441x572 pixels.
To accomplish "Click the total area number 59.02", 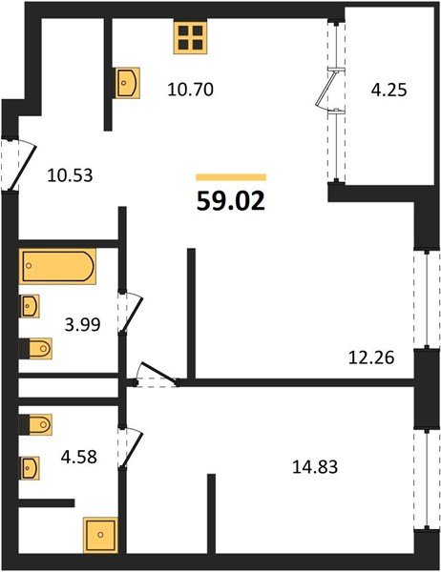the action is tap(231, 201).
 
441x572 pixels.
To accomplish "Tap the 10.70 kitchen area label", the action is tap(190, 90).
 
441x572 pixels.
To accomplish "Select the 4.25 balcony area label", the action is tap(388, 91).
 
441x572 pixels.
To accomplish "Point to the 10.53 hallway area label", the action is tap(70, 175).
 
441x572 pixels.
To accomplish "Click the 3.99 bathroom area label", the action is tap(83, 324).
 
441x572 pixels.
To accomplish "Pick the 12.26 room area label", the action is tap(371, 357).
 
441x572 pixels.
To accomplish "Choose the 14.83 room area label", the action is tap(315, 466).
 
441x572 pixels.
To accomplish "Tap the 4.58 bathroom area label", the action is tap(79, 457).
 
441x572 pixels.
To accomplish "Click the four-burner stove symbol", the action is tap(190, 36).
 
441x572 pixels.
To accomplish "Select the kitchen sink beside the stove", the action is tap(128, 83).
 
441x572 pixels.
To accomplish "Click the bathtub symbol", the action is tap(57, 266).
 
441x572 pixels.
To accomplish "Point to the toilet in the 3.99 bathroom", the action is tap(35, 348).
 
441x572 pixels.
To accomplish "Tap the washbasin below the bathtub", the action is tap(29, 306).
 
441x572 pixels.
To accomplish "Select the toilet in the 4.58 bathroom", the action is tap(35, 424).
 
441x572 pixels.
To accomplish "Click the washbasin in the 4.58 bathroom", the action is tap(29, 468).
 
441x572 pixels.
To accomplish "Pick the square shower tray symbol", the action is tap(100, 535).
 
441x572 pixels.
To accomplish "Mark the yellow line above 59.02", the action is tap(231, 177).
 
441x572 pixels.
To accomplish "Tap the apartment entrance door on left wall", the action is tap(23, 165).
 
